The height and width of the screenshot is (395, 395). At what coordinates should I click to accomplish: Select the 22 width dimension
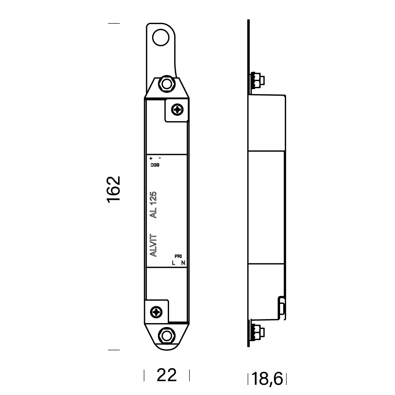click(166, 375)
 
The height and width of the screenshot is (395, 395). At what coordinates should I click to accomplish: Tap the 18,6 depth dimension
click(267, 379)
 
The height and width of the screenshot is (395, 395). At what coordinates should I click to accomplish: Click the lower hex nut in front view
click(166, 335)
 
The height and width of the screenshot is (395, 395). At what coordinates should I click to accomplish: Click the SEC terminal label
click(154, 165)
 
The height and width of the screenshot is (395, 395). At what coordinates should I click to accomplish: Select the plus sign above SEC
click(151, 158)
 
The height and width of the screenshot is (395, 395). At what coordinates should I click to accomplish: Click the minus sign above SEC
click(159, 158)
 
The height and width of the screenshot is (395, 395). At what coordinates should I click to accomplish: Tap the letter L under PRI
click(174, 263)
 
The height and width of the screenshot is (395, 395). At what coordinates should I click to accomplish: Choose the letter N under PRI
click(182, 263)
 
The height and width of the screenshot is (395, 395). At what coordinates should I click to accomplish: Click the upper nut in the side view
click(256, 81)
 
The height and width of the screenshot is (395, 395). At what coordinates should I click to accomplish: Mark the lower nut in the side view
click(256, 331)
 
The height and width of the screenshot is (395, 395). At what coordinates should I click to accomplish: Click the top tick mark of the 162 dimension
click(114, 24)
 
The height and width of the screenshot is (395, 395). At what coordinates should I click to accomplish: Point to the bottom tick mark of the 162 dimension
click(114, 350)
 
